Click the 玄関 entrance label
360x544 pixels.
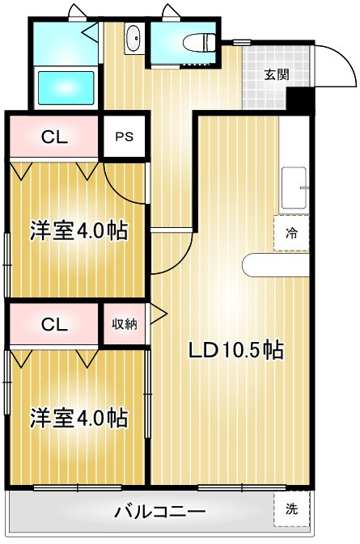pyautogui.click(x=277, y=75)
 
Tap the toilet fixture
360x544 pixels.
pyautogui.click(x=199, y=42)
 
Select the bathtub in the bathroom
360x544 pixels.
pyautogui.click(x=66, y=88)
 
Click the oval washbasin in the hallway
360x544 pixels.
pyautogui.click(x=133, y=39)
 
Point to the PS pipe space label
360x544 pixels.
pyautogui.click(x=125, y=137)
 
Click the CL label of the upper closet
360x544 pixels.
pyautogui.click(x=54, y=137)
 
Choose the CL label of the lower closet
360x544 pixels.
pyautogui.click(x=54, y=325)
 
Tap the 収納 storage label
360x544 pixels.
pyautogui.click(x=125, y=324)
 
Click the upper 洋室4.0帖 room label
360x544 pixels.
pyautogui.click(x=79, y=230)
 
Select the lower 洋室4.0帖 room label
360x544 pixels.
pyautogui.click(x=79, y=418)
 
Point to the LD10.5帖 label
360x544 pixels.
pyautogui.click(x=235, y=350)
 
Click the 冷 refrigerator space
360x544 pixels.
pyautogui.click(x=291, y=233)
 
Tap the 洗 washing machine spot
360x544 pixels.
pyautogui.click(x=291, y=509)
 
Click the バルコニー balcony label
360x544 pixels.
pyautogui.click(x=160, y=512)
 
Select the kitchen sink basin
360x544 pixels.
pyautogui.click(x=294, y=188)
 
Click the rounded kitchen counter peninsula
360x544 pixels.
pyautogui.click(x=276, y=265)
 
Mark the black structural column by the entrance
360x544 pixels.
pyautogui.click(x=301, y=99)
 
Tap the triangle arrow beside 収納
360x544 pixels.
pyautogui.click(x=158, y=314)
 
